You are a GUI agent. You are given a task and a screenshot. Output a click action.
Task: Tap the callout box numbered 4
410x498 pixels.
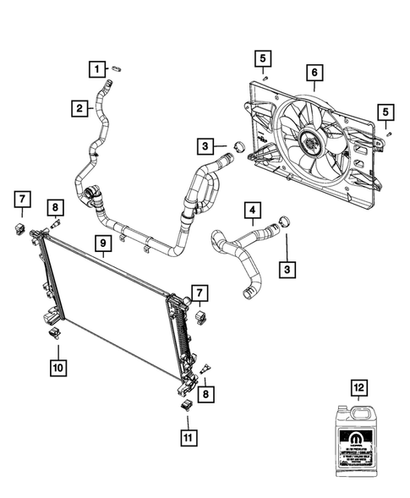tap(252, 208)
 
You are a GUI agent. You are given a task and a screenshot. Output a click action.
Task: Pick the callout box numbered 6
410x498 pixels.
tap(314, 74)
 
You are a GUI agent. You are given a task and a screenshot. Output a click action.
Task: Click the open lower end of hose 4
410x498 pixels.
tap(246, 293)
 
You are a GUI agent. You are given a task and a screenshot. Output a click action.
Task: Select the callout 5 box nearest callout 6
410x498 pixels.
tap(264, 58)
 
